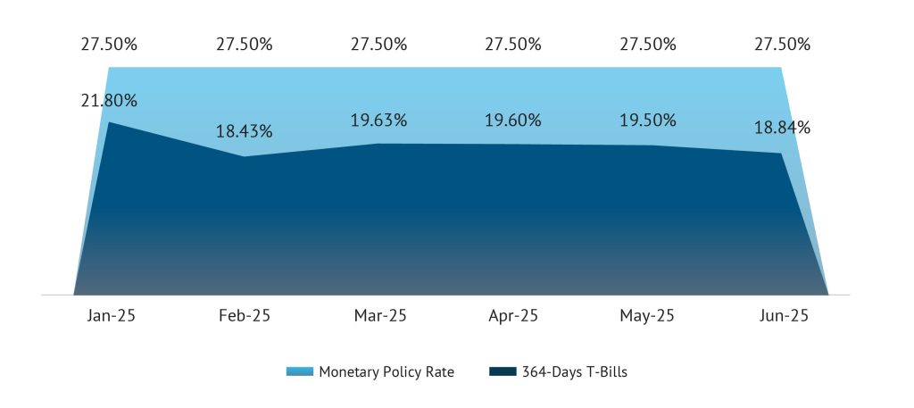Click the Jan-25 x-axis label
[109, 316]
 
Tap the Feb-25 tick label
[244, 316]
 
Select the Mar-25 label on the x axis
[378, 316]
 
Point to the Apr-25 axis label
[512, 316]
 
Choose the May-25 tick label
[647, 316]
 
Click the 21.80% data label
[109, 101]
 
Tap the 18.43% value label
[244, 132]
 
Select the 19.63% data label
[378, 121]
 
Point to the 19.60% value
[512, 121]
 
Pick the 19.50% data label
[647, 121]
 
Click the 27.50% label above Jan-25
[109, 44]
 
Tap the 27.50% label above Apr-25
[512, 44]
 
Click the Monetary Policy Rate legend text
[386, 372]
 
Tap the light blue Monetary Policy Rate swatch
[299, 372]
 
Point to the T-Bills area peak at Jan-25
[109, 121]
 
